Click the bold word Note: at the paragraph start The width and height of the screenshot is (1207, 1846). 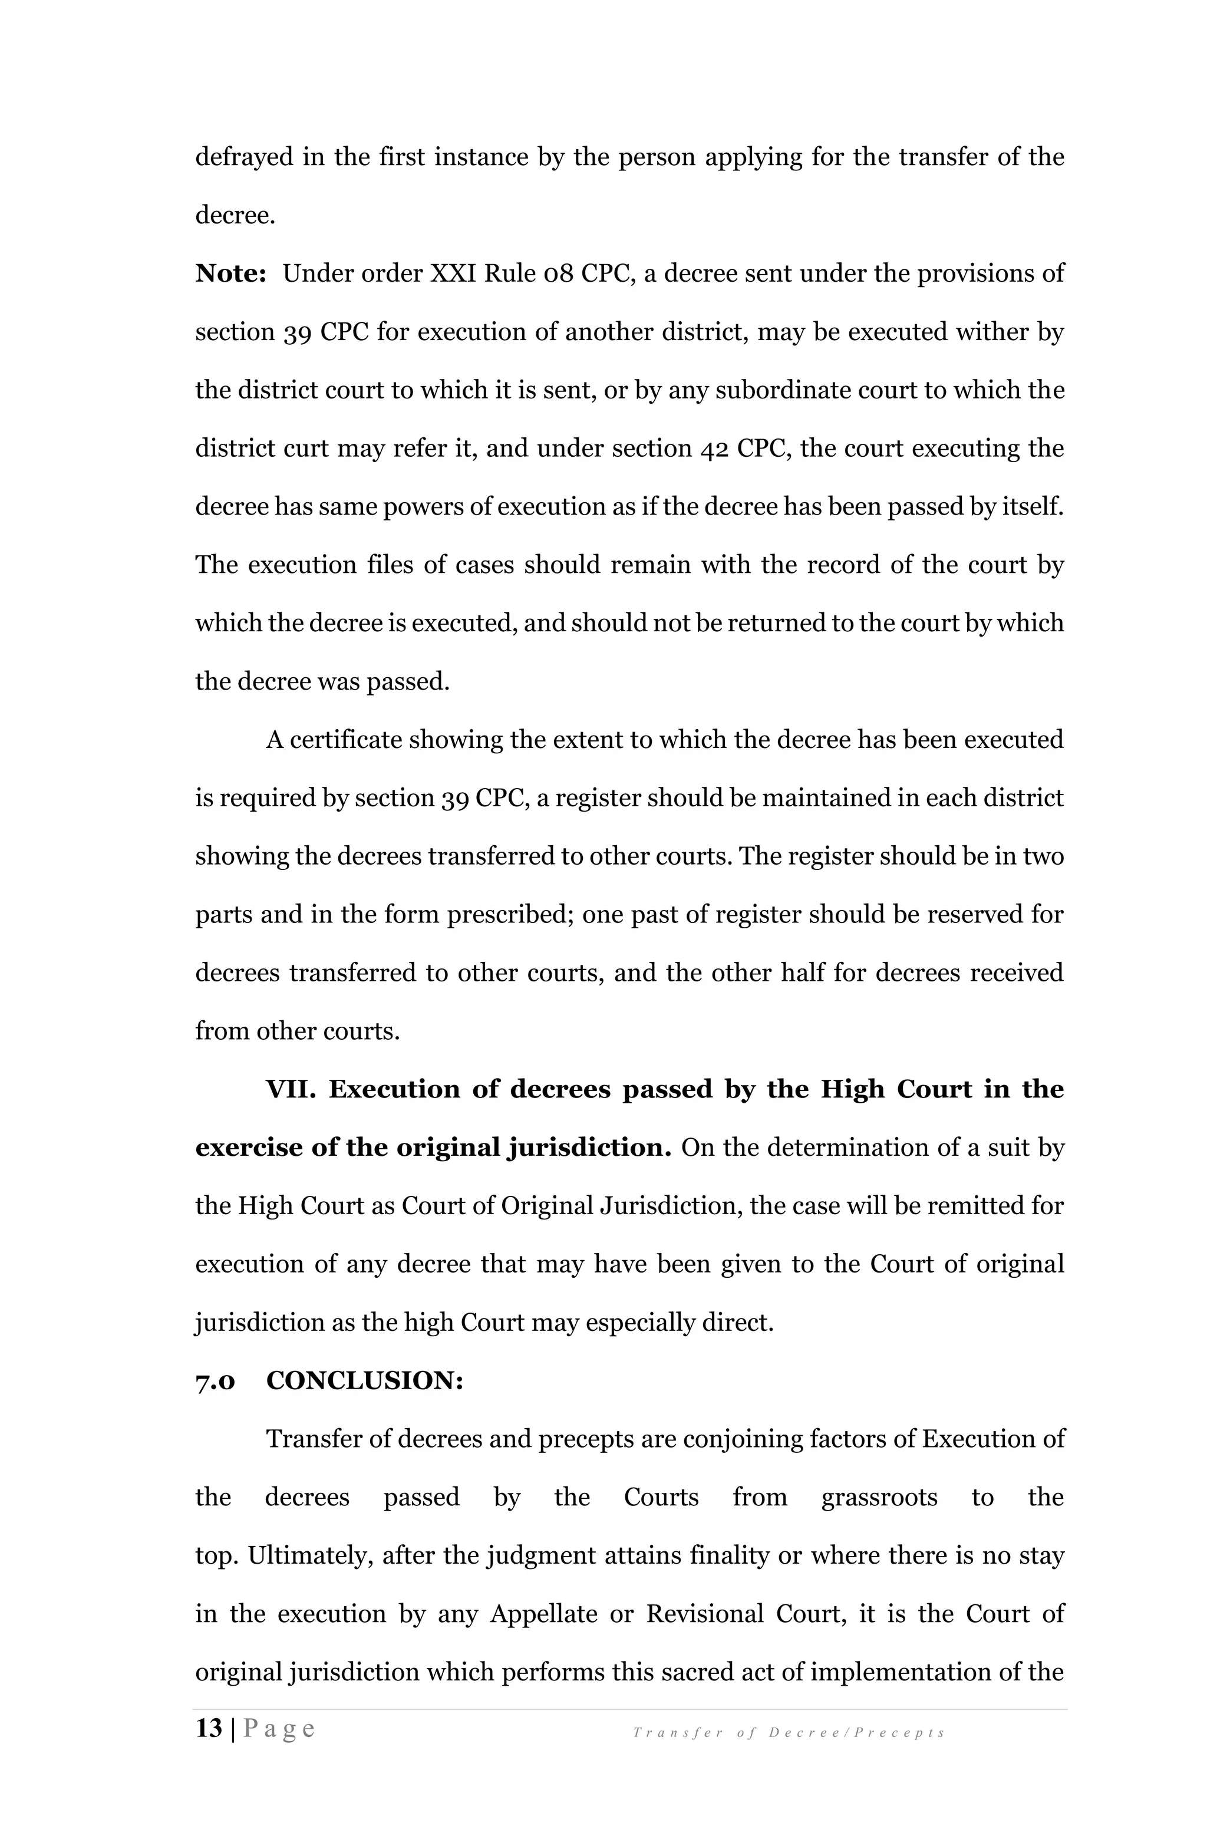pos(230,274)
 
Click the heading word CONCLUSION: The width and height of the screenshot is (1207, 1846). pos(365,1380)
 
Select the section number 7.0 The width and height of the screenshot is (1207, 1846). pos(215,1380)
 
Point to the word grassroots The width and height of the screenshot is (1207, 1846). pos(879,1497)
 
